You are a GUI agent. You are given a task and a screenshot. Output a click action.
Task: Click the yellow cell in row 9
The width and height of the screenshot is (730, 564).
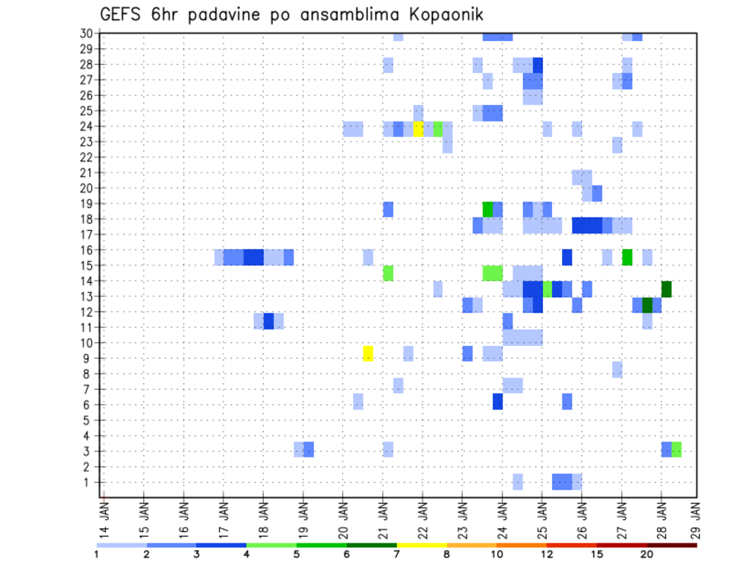coord(368,353)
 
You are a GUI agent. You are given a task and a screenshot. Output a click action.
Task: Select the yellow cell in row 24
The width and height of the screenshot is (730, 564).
coord(418,128)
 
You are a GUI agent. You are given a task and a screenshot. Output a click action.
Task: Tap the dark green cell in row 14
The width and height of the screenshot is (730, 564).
coord(666,289)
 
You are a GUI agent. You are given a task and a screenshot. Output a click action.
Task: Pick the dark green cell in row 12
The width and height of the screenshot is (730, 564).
coord(647,305)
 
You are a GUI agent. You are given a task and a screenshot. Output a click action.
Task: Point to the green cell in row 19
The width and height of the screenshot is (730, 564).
coord(487,209)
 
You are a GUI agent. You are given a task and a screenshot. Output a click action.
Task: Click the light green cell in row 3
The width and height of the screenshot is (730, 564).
coord(676,449)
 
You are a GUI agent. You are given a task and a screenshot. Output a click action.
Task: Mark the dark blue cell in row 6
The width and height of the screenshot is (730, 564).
coord(497,401)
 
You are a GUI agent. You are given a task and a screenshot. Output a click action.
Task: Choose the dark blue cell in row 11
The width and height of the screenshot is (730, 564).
coord(268,321)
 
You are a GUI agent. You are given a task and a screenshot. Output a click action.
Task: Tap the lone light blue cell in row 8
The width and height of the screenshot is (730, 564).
coord(617,369)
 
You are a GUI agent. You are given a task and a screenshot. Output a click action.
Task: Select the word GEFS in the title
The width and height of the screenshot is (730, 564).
coord(119,14)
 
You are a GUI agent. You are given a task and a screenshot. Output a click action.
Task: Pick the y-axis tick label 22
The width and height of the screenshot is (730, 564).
coord(86,157)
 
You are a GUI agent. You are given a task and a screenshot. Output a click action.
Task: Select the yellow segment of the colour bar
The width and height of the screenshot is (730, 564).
coord(421,545)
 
